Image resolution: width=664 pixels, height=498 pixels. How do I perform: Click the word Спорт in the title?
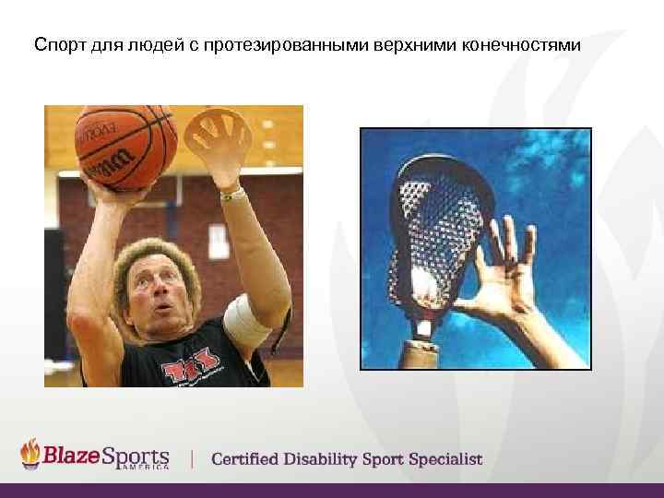pyautogui.click(x=57, y=44)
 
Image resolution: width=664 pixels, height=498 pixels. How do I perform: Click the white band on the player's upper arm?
pyautogui.click(x=248, y=318)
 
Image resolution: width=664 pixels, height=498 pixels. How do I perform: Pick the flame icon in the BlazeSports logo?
pyautogui.click(x=31, y=454)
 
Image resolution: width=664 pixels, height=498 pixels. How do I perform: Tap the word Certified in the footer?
pyautogui.click(x=249, y=459)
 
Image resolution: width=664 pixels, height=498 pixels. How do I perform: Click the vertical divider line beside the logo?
pyautogui.click(x=192, y=457)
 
